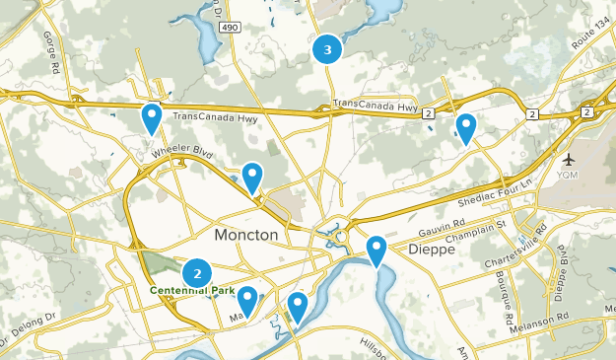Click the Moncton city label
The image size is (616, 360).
pos(245,237)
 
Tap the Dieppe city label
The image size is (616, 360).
pos(431,250)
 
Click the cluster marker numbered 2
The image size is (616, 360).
pos(198,273)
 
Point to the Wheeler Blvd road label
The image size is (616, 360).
pos(182,153)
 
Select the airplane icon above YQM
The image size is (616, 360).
pos(570,160)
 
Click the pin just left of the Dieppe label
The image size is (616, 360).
pos(376,251)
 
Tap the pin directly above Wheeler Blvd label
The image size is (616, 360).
pos(152,117)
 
